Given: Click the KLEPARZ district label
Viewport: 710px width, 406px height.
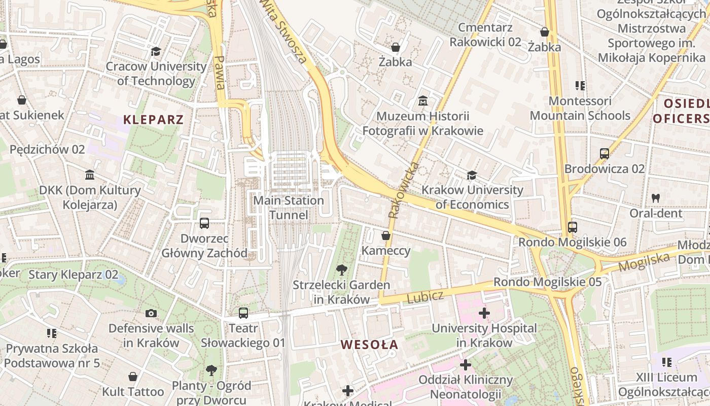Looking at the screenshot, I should (x=153, y=120).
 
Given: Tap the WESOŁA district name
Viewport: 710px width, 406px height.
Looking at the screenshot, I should (x=369, y=345).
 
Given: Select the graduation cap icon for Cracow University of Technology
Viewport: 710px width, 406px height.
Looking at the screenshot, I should (x=156, y=52).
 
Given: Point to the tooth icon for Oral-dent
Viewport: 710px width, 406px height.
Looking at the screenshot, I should (x=656, y=198).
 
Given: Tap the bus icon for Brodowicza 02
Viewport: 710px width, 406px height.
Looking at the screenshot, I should (x=604, y=153).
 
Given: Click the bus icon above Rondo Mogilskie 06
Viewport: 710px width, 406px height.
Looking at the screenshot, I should (x=573, y=227).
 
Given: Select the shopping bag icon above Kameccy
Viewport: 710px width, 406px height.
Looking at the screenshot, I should (x=386, y=235).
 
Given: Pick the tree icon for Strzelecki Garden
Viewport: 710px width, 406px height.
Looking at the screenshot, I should (x=342, y=269).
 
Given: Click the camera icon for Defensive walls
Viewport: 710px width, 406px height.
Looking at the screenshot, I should (x=151, y=314).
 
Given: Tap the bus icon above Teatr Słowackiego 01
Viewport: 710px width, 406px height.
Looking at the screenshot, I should (x=243, y=313).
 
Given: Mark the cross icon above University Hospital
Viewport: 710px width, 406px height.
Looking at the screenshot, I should (x=484, y=313).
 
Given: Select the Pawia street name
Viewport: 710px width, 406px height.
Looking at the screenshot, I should (x=220, y=71).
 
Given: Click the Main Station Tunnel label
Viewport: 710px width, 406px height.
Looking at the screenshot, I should (x=288, y=208).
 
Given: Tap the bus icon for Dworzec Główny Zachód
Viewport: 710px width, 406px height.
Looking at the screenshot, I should (x=204, y=223).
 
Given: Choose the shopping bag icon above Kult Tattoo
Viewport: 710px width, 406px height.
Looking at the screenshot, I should (x=133, y=377).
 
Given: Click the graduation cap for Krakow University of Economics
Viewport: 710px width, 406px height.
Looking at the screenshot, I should (x=472, y=176).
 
